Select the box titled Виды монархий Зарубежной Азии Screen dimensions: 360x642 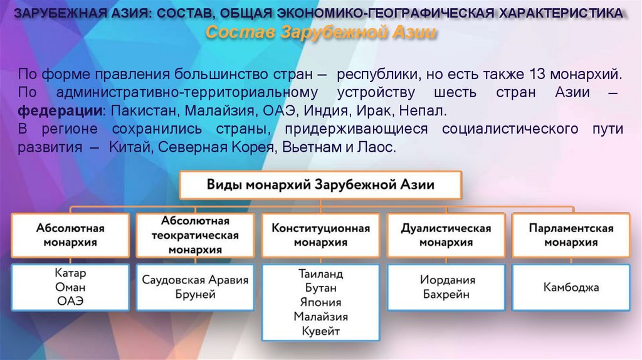click(320, 185)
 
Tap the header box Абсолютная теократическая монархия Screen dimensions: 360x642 click(195, 235)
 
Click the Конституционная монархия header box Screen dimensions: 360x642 click(320, 235)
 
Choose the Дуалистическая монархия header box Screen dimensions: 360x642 click(446, 235)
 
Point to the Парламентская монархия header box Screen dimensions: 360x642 click(571, 235)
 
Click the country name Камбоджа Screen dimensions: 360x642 click(571, 288)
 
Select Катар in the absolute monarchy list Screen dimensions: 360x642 click(70, 274)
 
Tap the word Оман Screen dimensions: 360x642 click(70, 287)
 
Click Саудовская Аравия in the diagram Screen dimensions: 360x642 click(195, 280)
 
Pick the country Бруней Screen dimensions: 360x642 click(195, 294)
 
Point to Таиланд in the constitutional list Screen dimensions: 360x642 click(320, 274)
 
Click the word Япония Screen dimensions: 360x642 click(320, 302)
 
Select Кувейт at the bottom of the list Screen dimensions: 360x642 click(320, 331)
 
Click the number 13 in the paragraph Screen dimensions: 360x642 click(537, 75)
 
